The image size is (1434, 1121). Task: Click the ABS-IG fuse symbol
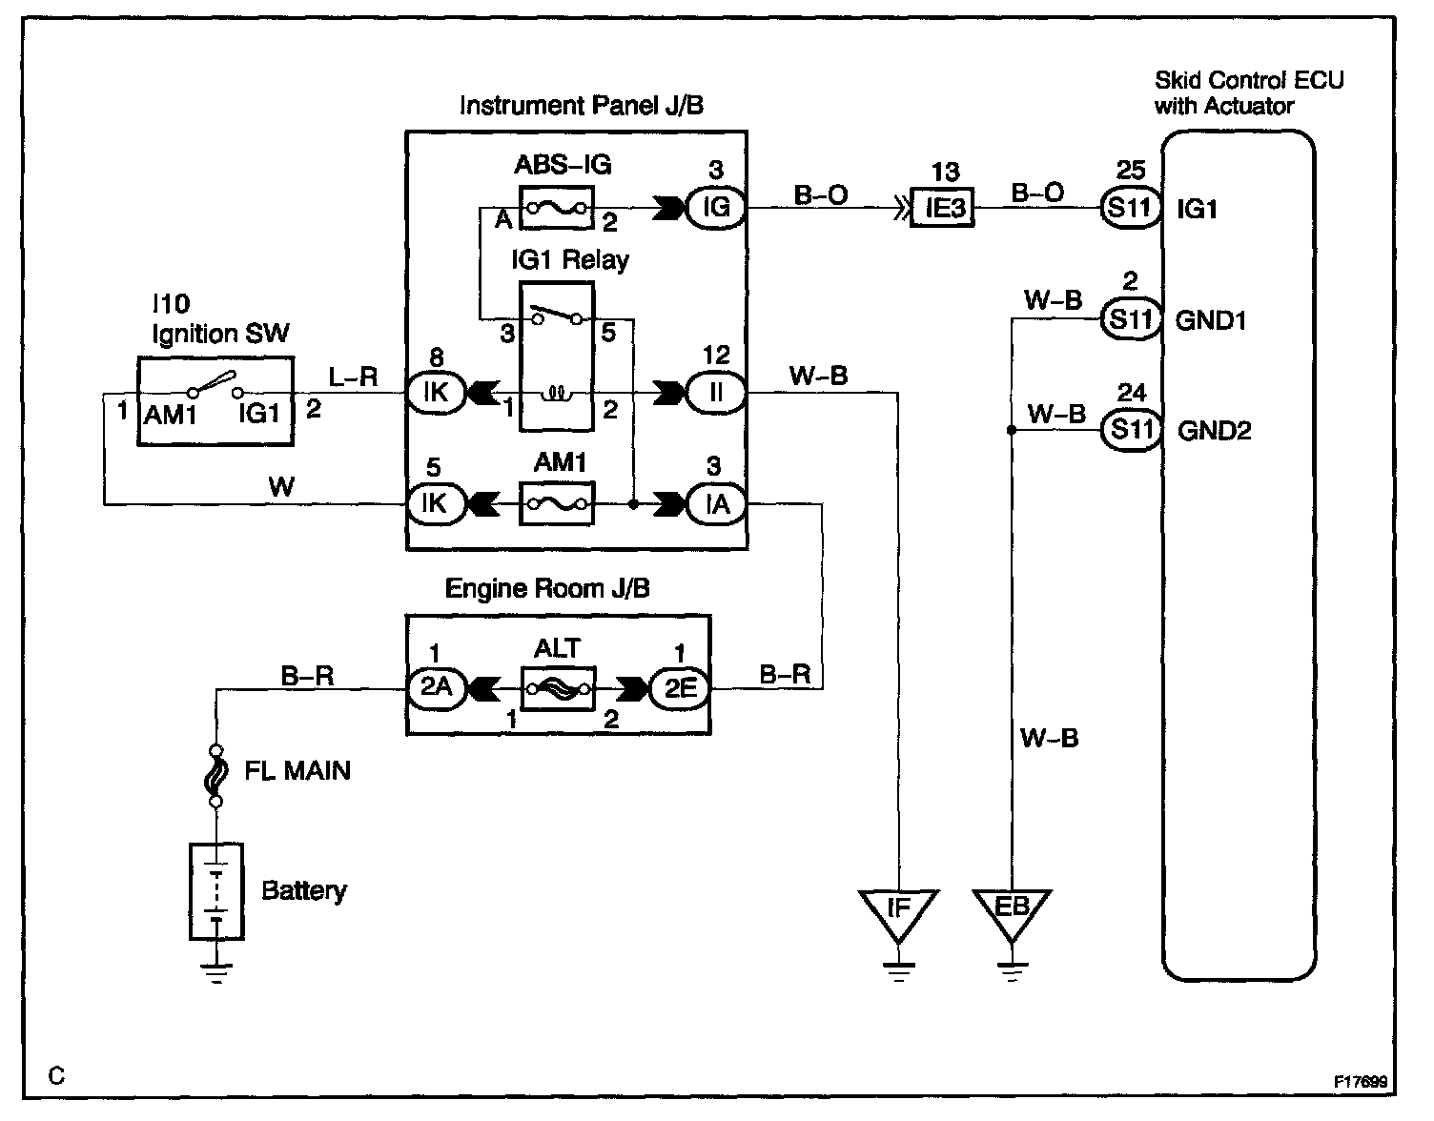[556, 208]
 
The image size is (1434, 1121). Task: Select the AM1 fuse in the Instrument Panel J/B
[556, 502]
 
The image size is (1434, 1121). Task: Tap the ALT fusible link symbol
[557, 687]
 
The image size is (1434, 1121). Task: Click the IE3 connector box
[945, 207]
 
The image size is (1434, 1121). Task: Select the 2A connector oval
[436, 687]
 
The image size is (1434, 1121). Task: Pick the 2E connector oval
[680, 687]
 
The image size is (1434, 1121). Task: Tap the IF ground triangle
[898, 909]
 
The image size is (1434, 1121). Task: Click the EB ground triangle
[1012, 909]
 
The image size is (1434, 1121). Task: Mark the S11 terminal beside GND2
[1131, 430]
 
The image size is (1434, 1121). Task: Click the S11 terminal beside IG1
[1131, 207]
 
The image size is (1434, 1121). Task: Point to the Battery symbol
[216, 891]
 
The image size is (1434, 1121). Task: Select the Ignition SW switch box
[215, 400]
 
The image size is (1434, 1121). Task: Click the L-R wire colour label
[353, 377]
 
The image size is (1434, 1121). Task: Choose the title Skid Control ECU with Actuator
[1248, 92]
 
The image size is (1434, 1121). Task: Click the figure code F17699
[1361, 1083]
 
